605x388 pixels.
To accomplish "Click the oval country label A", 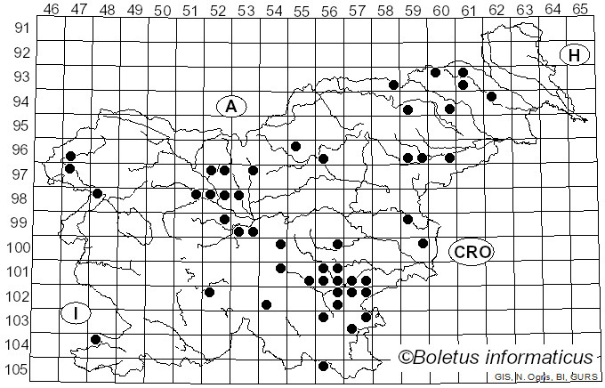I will pos(230,106).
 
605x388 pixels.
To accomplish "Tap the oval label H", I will pos(575,55).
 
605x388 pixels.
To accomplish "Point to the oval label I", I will pos(77,313).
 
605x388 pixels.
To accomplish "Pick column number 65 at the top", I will pos(580,10).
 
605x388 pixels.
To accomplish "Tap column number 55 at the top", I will pos(302,10).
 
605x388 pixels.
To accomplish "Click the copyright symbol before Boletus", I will pos(407,358).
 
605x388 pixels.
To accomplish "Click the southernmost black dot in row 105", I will pos(324,366).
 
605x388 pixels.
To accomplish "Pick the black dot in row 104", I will pos(96,339).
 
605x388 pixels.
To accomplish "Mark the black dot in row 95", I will pos(295,146).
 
